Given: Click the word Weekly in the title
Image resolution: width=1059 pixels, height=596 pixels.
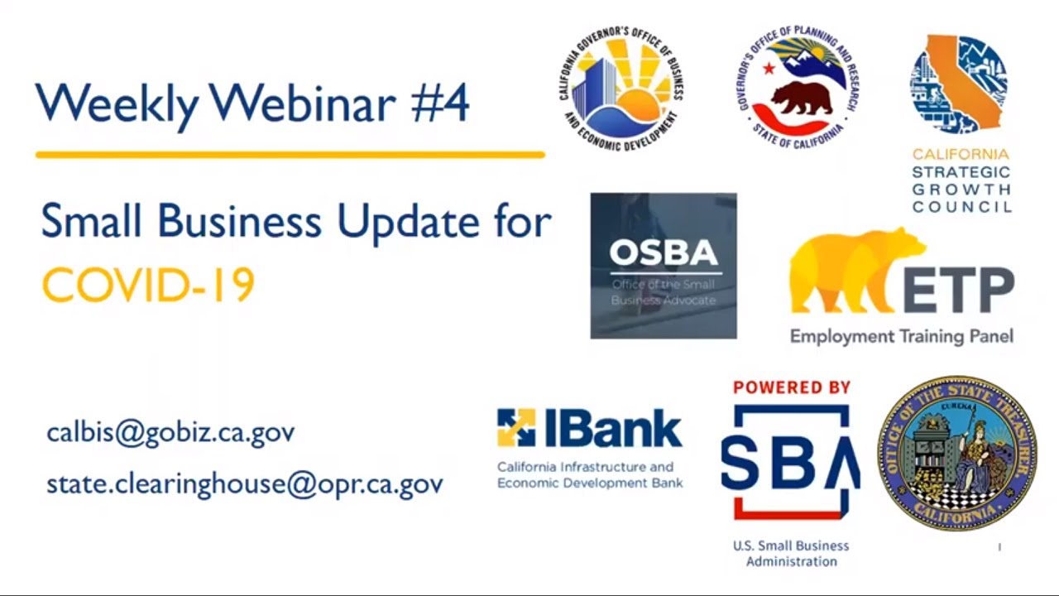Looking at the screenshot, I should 117,104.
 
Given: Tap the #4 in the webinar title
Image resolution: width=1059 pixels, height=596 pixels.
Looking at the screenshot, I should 439,103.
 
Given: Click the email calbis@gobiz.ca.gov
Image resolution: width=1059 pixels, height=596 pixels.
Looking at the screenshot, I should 170,433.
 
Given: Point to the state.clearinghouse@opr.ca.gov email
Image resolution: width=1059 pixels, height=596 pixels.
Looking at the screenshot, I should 245,484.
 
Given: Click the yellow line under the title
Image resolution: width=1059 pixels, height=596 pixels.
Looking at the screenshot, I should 290,155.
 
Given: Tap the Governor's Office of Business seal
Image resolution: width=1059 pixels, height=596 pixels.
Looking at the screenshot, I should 621,88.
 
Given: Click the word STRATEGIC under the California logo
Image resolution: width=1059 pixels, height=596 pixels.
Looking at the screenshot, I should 961,172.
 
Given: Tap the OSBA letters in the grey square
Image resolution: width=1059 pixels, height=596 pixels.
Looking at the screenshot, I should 664,252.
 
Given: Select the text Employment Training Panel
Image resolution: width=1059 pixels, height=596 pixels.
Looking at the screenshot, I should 901,337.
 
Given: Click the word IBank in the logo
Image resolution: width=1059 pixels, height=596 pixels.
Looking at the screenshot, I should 611,429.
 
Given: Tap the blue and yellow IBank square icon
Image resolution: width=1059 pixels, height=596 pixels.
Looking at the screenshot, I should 515,427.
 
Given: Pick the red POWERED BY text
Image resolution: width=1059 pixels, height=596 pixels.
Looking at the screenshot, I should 792,387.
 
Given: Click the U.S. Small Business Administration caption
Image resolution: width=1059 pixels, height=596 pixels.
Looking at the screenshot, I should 791,554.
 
